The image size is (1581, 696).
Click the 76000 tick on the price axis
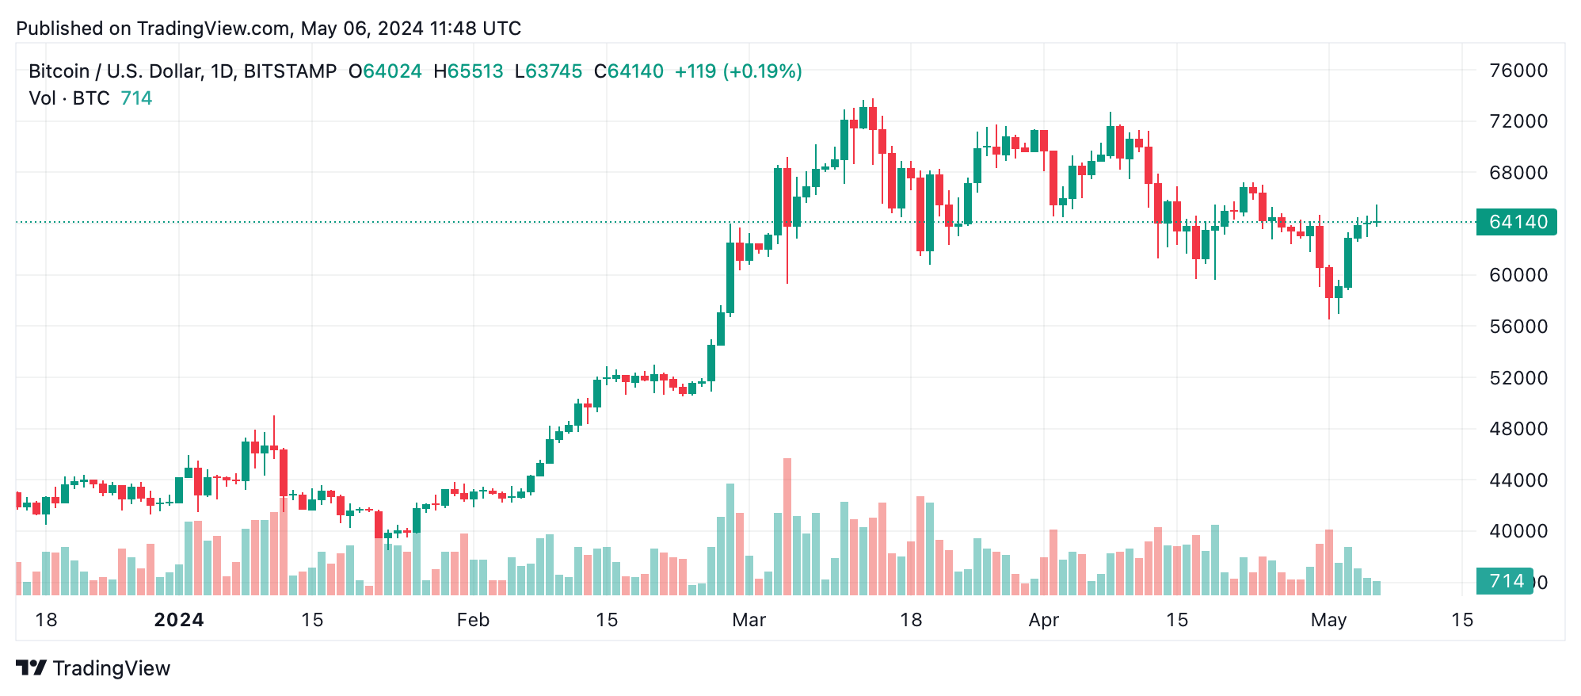pos(1518,71)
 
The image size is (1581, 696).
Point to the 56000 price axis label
pos(1518,327)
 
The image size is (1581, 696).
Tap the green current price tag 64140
pos(1517,222)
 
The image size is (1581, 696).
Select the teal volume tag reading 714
pos(1505,581)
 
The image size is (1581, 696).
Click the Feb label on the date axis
pos(473,620)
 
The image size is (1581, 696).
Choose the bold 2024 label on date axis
pos(179,620)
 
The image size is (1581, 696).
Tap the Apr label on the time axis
pos(1043,620)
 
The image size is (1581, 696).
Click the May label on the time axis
pos(1328,620)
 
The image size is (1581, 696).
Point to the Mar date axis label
pos(749,620)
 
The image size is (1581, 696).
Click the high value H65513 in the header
pos(468,71)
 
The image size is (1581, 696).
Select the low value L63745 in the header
pos(548,71)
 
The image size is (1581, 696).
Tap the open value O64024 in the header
pos(385,71)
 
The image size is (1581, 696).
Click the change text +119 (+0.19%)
pos(737,71)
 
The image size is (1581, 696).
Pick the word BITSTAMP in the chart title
pos(290,71)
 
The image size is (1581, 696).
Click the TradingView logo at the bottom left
pos(93,668)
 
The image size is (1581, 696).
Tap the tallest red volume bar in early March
pos(787,526)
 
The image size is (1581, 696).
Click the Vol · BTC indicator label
pos(69,98)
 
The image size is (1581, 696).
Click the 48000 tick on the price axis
pos(1518,429)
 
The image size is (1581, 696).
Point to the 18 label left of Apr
pos(911,620)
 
